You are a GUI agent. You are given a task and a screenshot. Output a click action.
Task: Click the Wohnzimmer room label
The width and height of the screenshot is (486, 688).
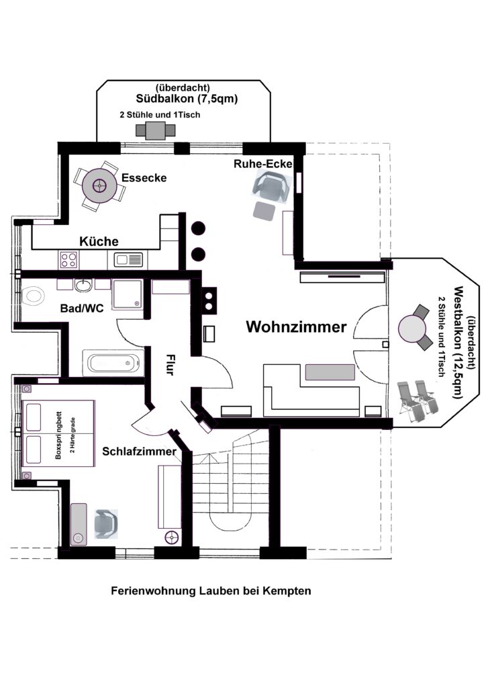tap(296, 327)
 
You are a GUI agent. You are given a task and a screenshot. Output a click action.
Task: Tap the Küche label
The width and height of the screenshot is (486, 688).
tap(99, 241)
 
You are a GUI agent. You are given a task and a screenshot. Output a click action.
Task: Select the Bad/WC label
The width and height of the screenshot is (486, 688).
tap(82, 308)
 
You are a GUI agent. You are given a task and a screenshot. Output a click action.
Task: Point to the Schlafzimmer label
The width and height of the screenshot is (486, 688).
tap(139, 451)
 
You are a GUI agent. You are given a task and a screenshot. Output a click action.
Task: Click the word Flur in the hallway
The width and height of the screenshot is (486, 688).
tap(170, 364)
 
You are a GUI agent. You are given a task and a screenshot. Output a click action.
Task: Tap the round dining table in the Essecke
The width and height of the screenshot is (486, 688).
tap(100, 186)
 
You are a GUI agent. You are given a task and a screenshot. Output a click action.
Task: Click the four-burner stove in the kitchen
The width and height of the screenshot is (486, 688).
tap(68, 259)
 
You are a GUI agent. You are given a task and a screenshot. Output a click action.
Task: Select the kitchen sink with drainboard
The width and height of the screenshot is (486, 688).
tap(128, 260)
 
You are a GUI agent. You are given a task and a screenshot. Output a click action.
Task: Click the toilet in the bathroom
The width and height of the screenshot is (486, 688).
tap(33, 296)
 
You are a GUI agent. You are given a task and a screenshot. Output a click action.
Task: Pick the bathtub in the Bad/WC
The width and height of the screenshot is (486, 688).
tap(113, 363)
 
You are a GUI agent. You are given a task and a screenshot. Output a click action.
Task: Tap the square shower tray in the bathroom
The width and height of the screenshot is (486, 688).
tap(128, 294)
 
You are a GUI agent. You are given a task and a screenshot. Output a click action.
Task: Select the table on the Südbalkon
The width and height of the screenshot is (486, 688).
tap(156, 130)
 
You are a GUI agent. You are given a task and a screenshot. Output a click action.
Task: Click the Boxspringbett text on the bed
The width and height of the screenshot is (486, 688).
tap(58, 435)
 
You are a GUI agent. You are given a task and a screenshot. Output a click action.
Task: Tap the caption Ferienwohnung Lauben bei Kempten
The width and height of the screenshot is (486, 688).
tap(211, 591)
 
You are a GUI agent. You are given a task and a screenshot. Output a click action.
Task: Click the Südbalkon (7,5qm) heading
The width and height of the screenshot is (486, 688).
tap(187, 99)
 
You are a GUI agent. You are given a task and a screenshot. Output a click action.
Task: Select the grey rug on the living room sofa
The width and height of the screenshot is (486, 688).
tap(330, 372)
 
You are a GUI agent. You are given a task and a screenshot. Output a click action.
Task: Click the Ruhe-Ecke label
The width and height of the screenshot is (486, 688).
tap(262, 164)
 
